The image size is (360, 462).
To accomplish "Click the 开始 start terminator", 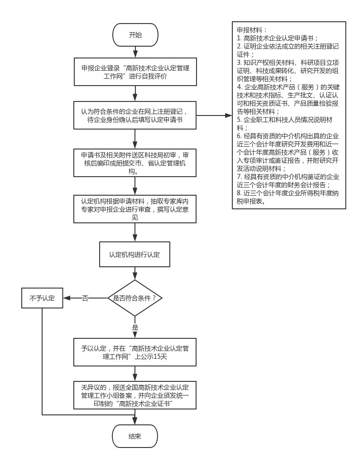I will (135, 35).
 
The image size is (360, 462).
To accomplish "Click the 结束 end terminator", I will (135, 437).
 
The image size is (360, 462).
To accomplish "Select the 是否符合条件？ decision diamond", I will (135, 298).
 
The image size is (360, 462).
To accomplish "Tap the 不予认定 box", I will (42, 298).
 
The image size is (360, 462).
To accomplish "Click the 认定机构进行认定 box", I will (135, 255).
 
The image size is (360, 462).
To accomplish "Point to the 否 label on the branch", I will (85, 298).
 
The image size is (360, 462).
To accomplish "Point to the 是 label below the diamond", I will (135, 327).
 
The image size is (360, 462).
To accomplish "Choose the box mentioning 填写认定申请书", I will (135, 116).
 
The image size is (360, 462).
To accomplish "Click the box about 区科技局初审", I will (135, 163).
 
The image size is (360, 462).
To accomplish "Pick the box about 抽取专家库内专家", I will (135, 209).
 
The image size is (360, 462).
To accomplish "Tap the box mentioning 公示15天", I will (135, 352).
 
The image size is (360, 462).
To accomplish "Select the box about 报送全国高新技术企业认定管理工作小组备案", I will (135, 395).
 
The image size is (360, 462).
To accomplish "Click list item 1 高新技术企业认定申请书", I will (278, 38).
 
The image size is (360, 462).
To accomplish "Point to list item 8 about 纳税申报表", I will (288, 197).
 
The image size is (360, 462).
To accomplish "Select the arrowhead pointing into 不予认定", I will (67, 298).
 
